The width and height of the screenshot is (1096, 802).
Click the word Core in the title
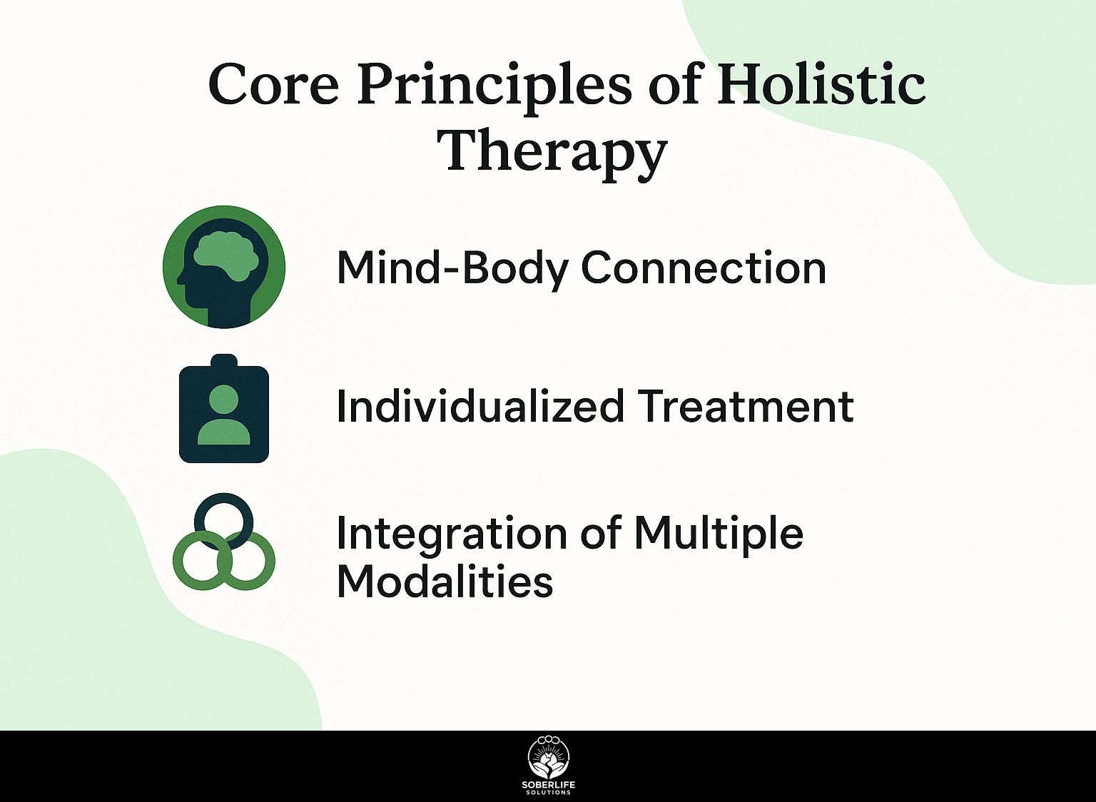(273, 84)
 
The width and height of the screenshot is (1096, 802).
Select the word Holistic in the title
(821, 83)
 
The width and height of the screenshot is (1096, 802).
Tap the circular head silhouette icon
(224, 267)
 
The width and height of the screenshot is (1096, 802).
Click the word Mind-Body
(452, 268)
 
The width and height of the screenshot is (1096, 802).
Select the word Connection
(704, 268)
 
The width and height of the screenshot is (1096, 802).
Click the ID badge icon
(224, 409)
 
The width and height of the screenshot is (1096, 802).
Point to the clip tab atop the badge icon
(224, 361)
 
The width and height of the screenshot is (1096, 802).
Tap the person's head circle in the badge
(223, 400)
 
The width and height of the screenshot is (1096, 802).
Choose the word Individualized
(480, 406)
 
